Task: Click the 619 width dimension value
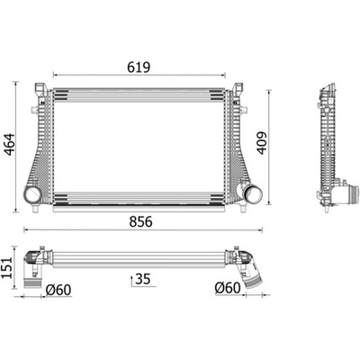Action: pyautogui.click(x=139, y=67)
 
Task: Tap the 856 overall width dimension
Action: pyautogui.click(x=140, y=221)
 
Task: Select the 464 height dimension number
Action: pyautogui.click(x=9, y=145)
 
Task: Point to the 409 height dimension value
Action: pyautogui.click(x=262, y=143)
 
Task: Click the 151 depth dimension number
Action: pyautogui.click(x=7, y=267)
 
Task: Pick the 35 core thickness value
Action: pyautogui.click(x=143, y=279)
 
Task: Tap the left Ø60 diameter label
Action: pyautogui.click(x=58, y=290)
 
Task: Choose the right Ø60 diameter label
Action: pyautogui.click(x=228, y=288)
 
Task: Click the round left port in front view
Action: pyautogui.click(x=32, y=194)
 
